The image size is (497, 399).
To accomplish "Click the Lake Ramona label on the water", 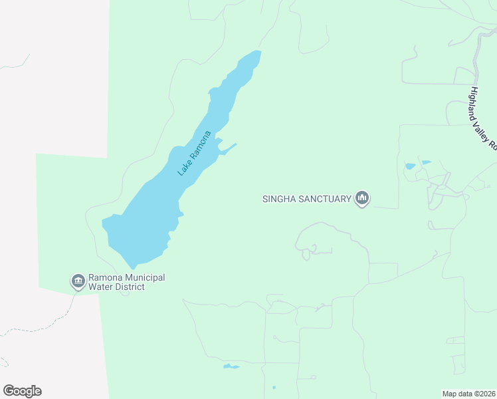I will pyautogui.click(x=194, y=154).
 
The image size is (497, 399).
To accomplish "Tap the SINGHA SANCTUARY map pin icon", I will pyautogui.click(x=362, y=198).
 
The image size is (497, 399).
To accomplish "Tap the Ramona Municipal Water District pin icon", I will pyautogui.click(x=78, y=281).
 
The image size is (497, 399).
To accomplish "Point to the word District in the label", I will pyautogui.click(x=130, y=287).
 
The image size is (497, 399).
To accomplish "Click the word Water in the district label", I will pyautogui.click(x=102, y=287).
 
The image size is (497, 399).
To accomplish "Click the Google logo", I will pyautogui.click(x=22, y=391).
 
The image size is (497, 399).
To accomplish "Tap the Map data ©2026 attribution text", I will pyautogui.click(x=469, y=394).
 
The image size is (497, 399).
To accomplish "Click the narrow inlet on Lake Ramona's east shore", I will pyautogui.click(x=228, y=148).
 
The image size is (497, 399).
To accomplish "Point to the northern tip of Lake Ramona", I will pyautogui.click(x=256, y=54).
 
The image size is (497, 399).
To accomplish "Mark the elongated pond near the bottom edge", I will pyautogui.click(x=231, y=366).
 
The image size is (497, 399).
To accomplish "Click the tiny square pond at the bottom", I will pyautogui.click(x=274, y=387).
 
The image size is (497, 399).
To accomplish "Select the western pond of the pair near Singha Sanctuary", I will pyautogui.click(x=410, y=166).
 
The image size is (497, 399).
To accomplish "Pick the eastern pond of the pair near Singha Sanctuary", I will pyautogui.click(x=426, y=162).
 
